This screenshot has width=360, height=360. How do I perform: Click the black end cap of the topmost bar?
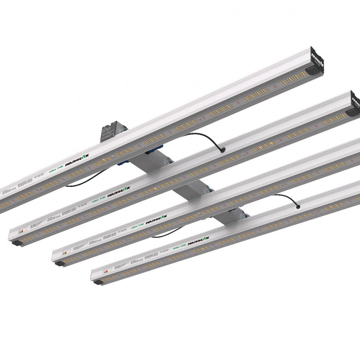(318, 59)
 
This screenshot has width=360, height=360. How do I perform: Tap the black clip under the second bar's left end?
(16, 243)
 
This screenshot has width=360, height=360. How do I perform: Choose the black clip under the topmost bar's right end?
(312, 69)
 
